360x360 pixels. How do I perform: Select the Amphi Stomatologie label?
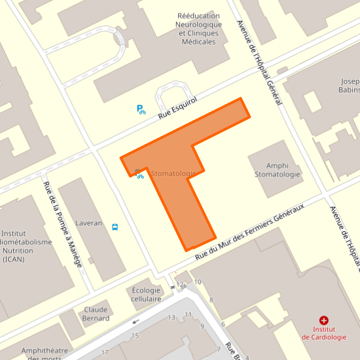(277, 170)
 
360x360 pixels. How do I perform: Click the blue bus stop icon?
(115, 227)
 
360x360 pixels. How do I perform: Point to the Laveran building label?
(89, 223)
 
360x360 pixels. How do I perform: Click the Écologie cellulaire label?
(147, 294)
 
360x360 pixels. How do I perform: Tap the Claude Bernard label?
(96, 314)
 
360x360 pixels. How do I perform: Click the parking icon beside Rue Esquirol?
(141, 109)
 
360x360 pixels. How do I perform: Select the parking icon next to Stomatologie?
(139, 173)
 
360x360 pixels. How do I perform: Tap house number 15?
(135, 336)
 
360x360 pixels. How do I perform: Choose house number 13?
(172, 317)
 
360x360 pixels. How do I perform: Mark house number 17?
(105, 353)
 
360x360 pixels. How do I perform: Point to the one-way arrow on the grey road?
(136, 321)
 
